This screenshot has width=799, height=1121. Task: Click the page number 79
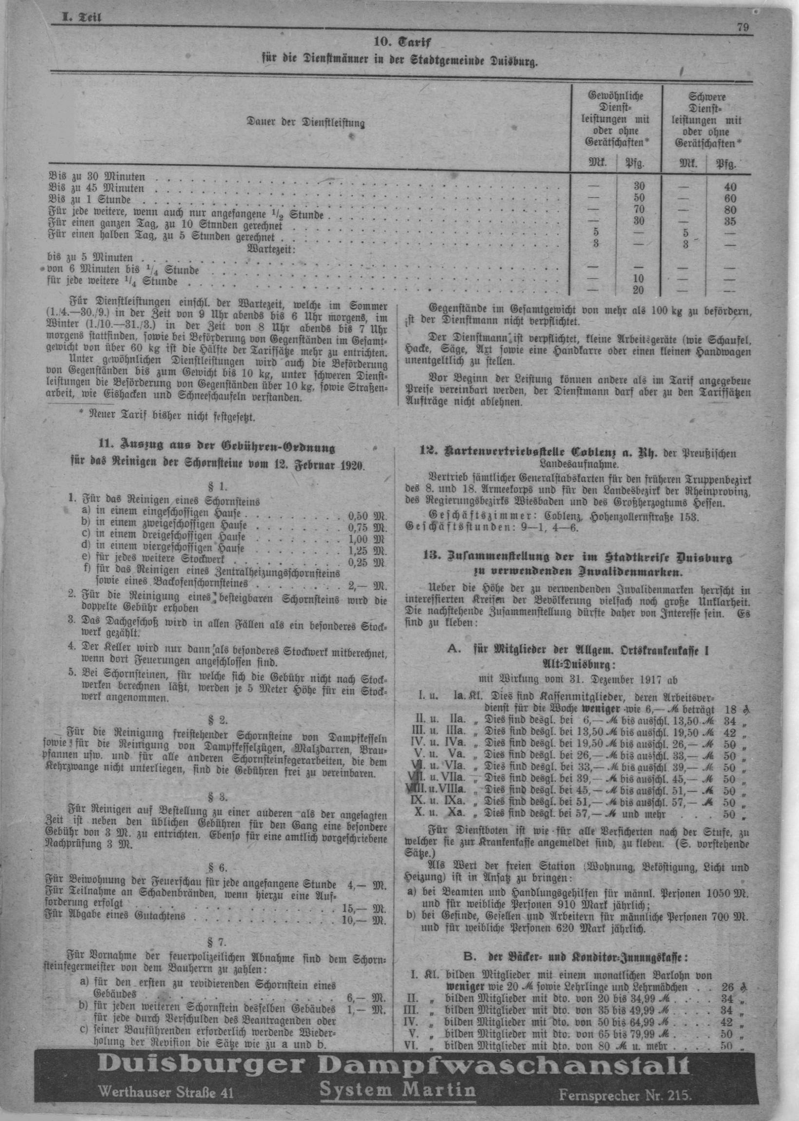[743, 28]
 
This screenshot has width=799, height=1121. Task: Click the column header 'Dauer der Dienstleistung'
[305, 122]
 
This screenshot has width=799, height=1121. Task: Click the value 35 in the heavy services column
[730, 221]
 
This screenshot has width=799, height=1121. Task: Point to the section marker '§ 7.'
[216, 942]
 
